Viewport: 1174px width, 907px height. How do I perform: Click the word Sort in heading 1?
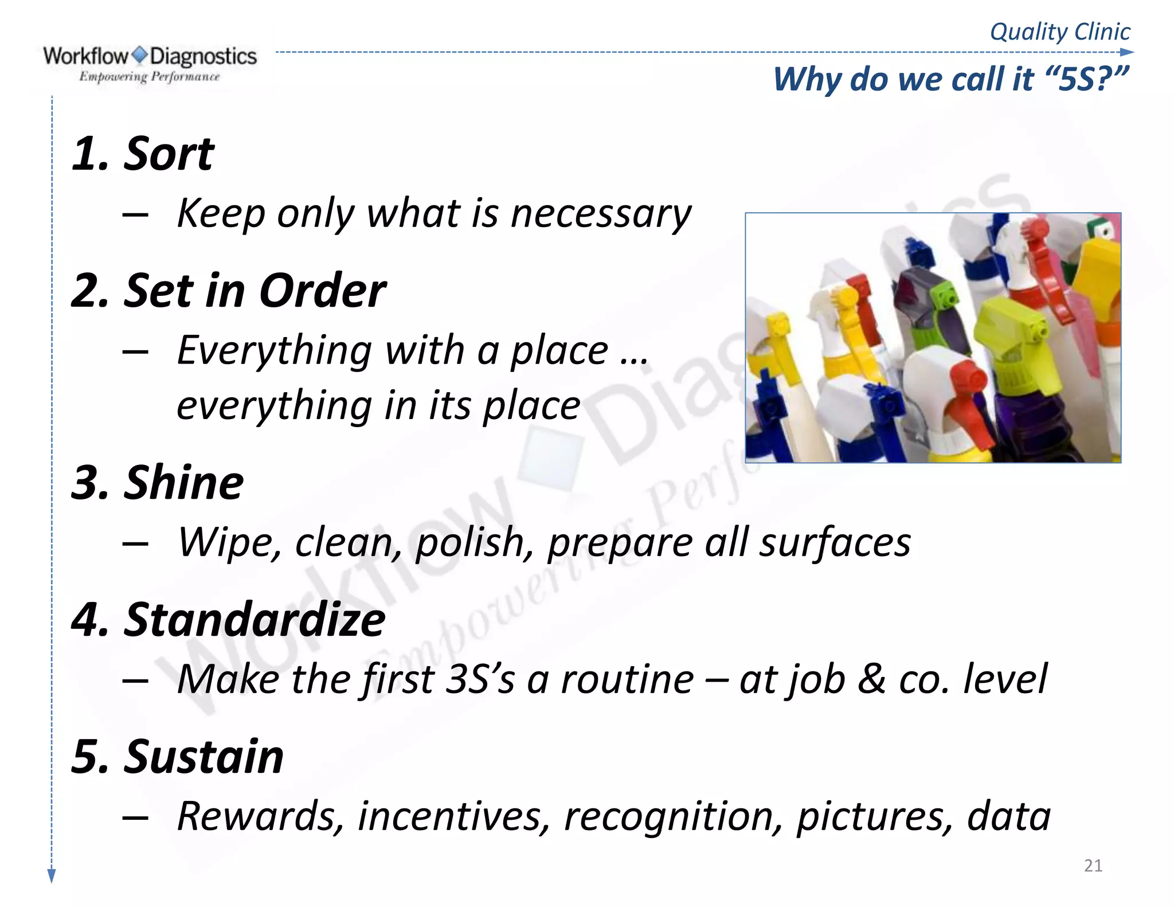[168, 155]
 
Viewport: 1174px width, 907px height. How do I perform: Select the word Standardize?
[255, 620]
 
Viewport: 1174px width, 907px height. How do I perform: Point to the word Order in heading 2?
[322, 291]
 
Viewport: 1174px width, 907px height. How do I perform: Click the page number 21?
[1093, 866]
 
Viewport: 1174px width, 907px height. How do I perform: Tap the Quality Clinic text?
[1059, 32]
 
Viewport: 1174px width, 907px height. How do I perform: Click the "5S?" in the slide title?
[1086, 79]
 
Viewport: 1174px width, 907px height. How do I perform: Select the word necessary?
[601, 214]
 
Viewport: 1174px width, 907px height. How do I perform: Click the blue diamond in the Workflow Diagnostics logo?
[139, 56]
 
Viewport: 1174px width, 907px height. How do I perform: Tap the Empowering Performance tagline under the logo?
[149, 77]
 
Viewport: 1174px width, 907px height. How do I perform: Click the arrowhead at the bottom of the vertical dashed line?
[52, 875]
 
